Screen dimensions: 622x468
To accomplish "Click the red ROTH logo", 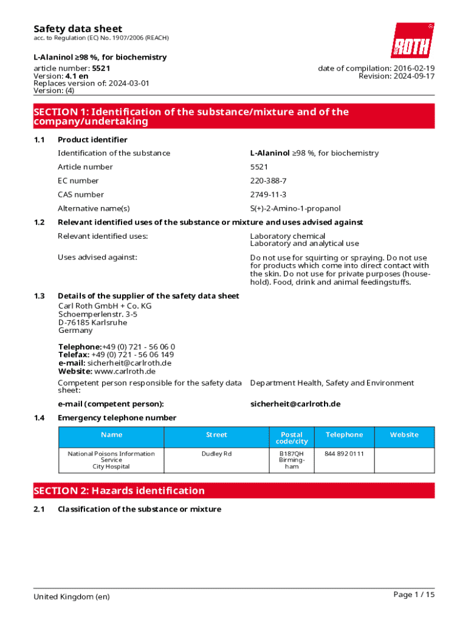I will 412,41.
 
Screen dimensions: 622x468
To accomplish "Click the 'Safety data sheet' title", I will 77,29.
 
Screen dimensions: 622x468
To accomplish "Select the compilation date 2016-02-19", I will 414,68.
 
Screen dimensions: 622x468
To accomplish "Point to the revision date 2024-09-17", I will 414,76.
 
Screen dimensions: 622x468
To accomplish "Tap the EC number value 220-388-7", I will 268,180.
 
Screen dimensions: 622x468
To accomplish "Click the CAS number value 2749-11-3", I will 268,194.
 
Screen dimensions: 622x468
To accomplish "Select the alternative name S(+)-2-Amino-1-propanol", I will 295,208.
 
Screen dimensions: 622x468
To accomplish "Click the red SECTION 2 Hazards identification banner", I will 234,491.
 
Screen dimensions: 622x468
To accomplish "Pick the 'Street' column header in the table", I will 216,434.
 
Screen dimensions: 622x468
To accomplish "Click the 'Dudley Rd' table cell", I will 216,454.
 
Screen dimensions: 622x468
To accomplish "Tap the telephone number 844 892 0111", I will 344,454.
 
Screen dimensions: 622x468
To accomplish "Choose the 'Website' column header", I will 404,434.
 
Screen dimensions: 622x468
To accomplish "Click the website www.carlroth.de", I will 125,371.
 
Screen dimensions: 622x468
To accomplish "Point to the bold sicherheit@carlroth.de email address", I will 295,404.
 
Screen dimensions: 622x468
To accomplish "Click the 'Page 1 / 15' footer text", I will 414,595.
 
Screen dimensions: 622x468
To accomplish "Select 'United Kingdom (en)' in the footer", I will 72,596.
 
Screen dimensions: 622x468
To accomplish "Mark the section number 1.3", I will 40,296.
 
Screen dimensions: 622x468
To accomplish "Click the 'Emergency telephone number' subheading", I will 117,418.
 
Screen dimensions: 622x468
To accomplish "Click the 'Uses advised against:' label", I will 97,257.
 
